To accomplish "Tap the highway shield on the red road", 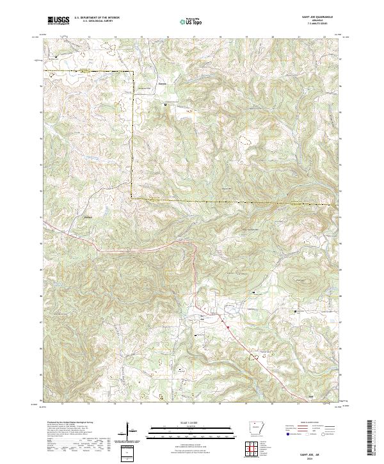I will point(226,326).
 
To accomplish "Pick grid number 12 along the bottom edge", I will point(62,404).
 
